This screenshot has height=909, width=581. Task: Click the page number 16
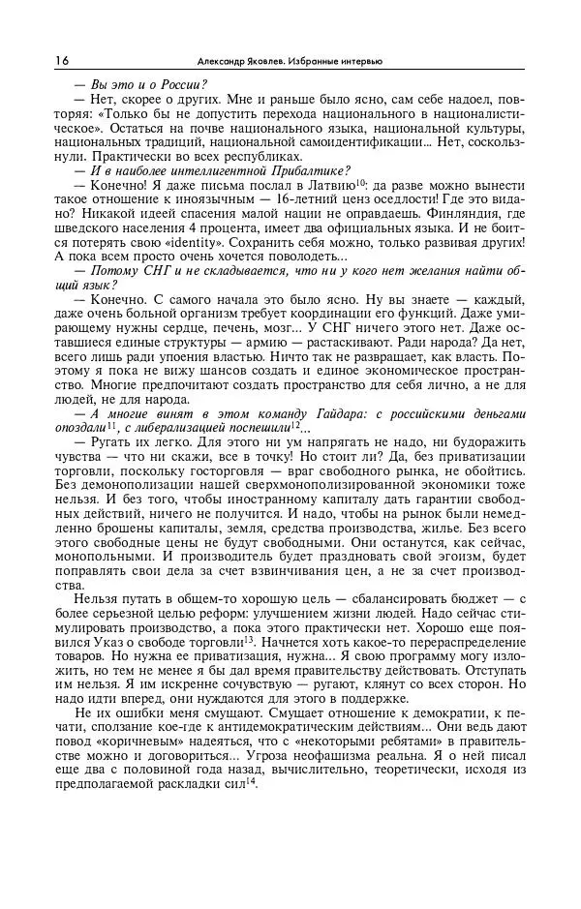pos(62,61)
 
